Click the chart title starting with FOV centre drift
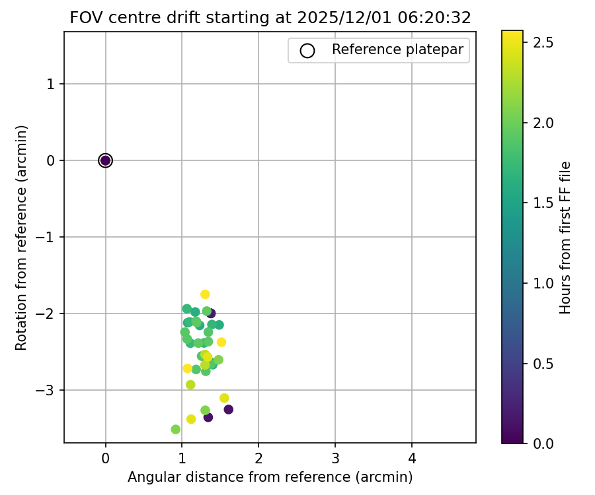pos(270,18)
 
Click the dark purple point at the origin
pos(105,160)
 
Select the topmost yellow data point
pos(205,294)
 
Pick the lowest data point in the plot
pos(176,430)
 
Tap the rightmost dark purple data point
pos(228,409)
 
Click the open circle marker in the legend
pos(307,50)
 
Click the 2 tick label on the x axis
pos(258,457)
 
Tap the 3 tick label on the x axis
pos(335,457)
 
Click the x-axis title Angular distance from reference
pos(270,477)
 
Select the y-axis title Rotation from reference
pos(22,237)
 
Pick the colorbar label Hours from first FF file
pos(565,237)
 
